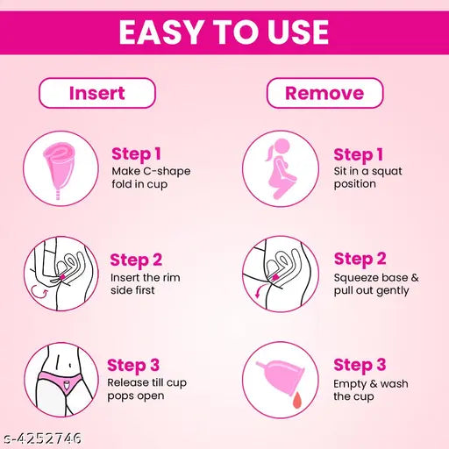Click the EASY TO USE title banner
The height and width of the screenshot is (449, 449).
pyautogui.click(x=224, y=32)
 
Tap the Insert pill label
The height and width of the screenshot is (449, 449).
pyautogui.click(x=97, y=92)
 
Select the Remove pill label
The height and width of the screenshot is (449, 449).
pyautogui.click(x=324, y=92)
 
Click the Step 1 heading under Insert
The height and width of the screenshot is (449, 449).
pyautogui.click(x=136, y=154)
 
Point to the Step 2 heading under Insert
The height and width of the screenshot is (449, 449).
pyautogui.click(x=136, y=260)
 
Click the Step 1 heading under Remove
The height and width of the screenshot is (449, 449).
pyautogui.click(x=359, y=154)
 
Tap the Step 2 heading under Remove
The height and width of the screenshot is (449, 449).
pyautogui.click(x=360, y=259)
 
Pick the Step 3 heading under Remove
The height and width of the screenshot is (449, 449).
pyautogui.click(x=360, y=365)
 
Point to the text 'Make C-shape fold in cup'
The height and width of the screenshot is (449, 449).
pyautogui.click(x=150, y=177)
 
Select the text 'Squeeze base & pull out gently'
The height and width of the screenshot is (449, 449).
pyautogui.click(x=376, y=282)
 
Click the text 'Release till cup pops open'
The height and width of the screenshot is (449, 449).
pyautogui.click(x=147, y=389)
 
